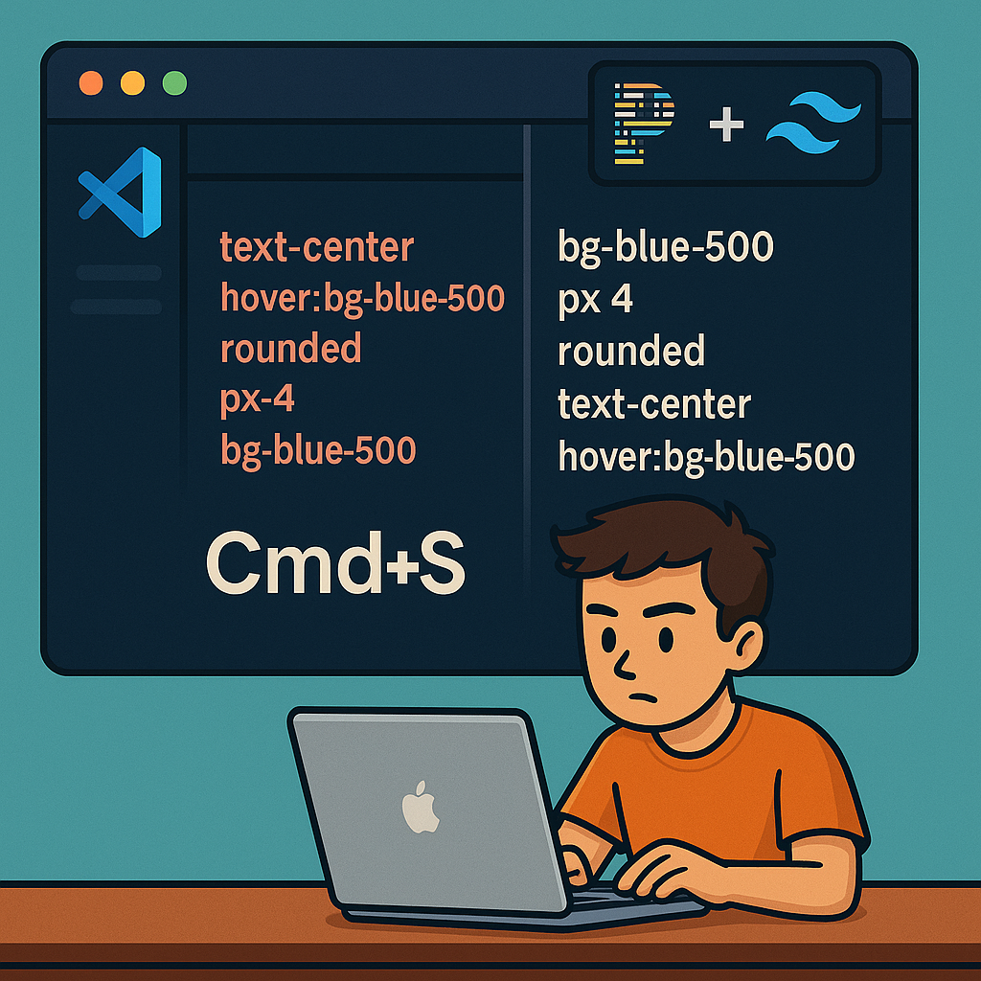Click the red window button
pos(91,83)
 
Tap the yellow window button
pos(132,83)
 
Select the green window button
pos(174,83)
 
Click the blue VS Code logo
pos(122,192)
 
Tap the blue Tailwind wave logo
pos(813,124)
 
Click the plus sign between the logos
pos(727,125)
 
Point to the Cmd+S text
pos(335,565)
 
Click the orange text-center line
pos(316,247)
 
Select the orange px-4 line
pos(257,399)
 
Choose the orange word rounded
pos(290,348)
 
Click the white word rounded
pos(631,352)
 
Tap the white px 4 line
pos(595,300)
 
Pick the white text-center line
pos(654,404)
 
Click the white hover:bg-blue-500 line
pos(706,457)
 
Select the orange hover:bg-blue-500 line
pos(362,299)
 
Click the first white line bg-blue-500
pos(665,247)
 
